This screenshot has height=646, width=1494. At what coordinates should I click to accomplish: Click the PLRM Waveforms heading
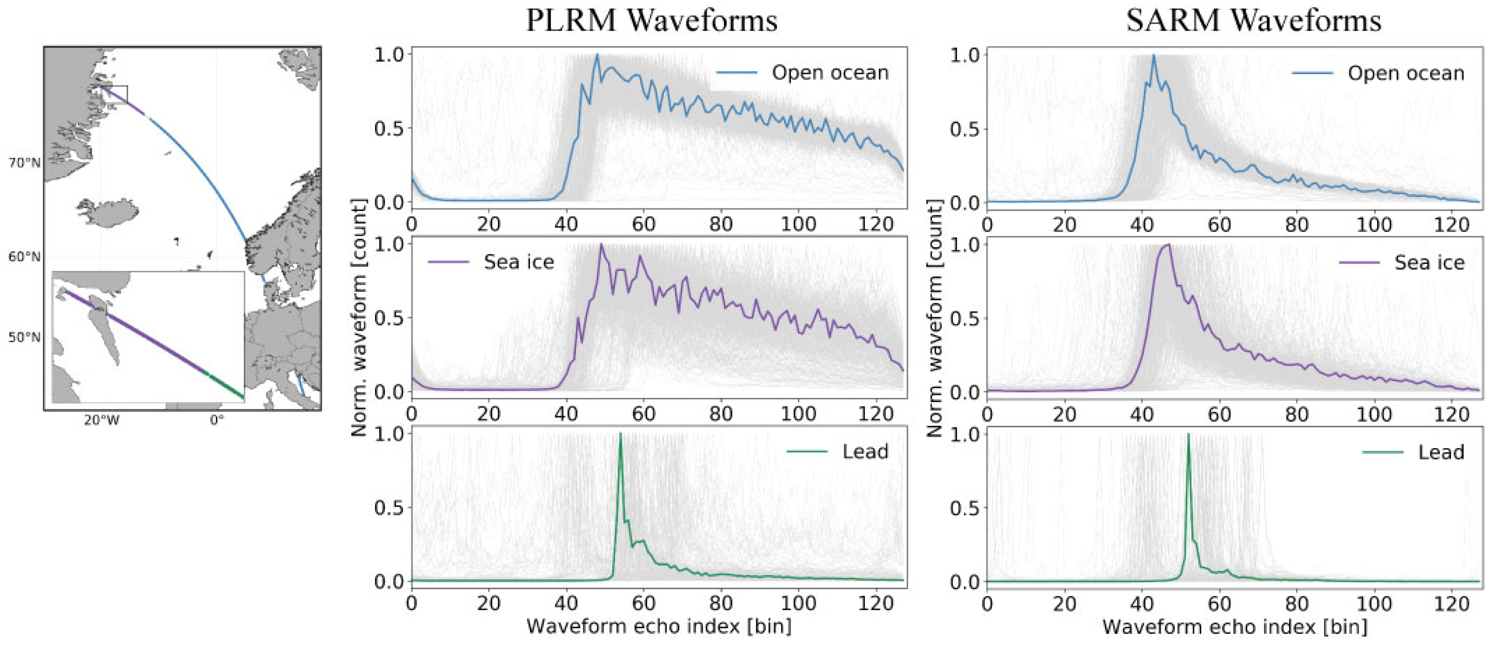651,21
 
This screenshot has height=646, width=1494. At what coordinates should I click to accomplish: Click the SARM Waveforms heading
1253,21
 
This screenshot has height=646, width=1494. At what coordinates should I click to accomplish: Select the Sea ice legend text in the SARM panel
1429,263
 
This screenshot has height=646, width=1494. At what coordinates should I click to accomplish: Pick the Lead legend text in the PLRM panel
865,452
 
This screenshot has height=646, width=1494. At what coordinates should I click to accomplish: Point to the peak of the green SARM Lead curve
1188,434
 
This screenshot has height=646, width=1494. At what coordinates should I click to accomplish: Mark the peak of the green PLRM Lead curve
621,434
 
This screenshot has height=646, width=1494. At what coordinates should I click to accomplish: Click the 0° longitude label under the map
217,420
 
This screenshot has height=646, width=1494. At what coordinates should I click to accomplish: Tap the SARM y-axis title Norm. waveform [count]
934,318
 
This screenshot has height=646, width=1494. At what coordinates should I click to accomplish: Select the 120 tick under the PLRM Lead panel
875,604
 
